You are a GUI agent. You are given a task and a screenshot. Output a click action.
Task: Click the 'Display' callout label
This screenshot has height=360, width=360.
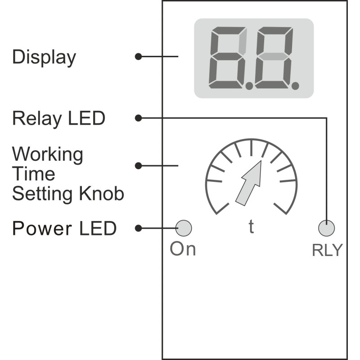[x=44, y=58]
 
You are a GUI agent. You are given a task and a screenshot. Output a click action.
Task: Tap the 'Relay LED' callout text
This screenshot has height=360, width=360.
[x=59, y=118]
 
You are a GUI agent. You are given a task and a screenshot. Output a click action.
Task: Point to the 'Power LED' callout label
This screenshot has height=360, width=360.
[x=64, y=228]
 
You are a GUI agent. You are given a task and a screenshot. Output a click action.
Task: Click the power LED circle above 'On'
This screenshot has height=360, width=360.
[x=184, y=228]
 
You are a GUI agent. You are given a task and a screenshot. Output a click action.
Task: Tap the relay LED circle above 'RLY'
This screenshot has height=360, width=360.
[x=327, y=228]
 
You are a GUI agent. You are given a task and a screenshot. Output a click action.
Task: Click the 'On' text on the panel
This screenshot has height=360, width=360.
[x=183, y=249]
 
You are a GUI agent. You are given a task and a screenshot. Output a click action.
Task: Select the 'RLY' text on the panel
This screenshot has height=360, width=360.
[x=328, y=250]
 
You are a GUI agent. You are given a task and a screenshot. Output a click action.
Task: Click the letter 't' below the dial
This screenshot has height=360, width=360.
[x=252, y=227]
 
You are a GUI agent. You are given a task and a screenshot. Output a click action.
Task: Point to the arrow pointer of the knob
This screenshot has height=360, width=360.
[x=249, y=183]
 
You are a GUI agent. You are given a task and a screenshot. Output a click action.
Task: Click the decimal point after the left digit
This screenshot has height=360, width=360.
[x=249, y=86]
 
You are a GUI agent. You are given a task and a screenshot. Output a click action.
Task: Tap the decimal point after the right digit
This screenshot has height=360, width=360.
[x=295, y=86]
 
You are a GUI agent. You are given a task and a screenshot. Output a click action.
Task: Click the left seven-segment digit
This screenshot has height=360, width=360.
[x=228, y=58]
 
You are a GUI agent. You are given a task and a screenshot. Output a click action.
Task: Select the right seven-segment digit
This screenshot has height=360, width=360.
[x=274, y=58]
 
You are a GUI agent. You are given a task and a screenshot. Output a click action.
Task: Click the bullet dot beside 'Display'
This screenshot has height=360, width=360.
[x=138, y=57]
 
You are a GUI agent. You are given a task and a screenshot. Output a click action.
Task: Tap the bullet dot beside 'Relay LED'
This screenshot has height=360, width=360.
[x=138, y=118]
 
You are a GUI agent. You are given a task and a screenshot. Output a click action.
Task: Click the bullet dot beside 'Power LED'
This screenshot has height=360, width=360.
[x=138, y=228]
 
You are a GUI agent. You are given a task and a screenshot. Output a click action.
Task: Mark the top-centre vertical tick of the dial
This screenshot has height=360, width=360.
[x=252, y=148]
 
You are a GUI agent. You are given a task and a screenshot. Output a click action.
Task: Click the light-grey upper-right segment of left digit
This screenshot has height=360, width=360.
[x=243, y=41]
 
